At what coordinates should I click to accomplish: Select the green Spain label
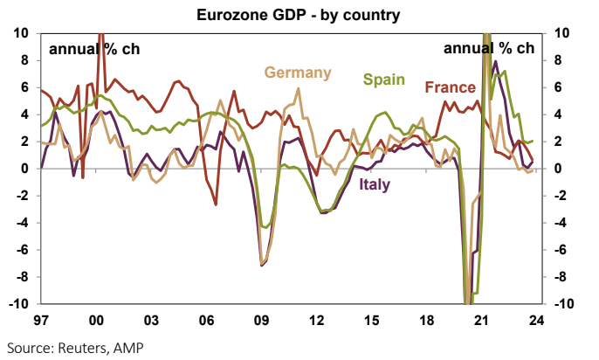click(x=383, y=80)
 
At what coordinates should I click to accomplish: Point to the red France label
click(x=450, y=87)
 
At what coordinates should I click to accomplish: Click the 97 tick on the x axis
click(x=41, y=320)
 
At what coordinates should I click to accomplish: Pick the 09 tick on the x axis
click(x=261, y=320)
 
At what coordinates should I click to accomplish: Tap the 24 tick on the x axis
click(x=537, y=320)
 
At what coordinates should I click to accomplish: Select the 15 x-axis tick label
click(x=372, y=320)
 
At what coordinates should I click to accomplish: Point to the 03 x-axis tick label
click(x=151, y=320)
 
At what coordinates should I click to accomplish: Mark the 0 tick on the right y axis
click(x=557, y=169)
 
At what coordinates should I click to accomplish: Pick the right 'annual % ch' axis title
click(x=488, y=49)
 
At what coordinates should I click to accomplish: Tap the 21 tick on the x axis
click(x=482, y=320)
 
